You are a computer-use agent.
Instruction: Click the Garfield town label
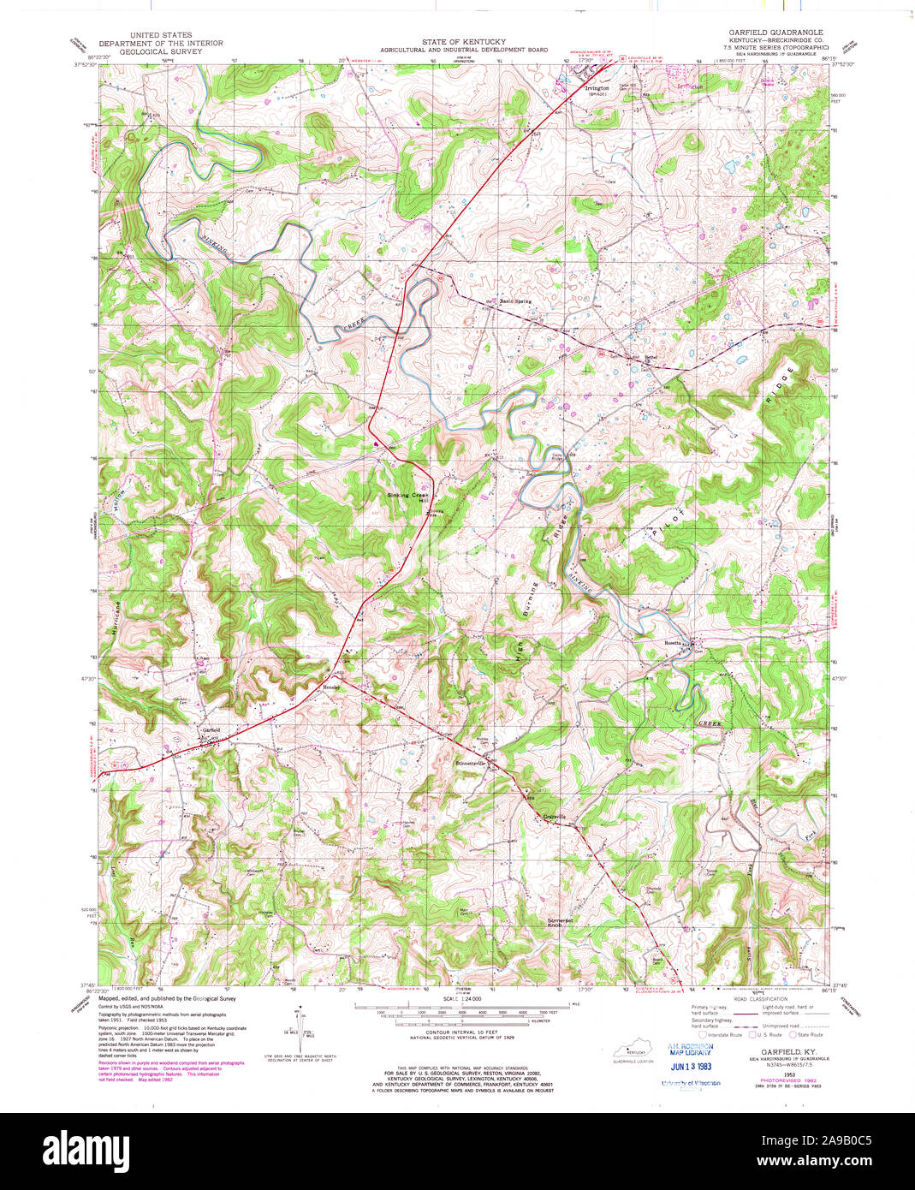click(x=211, y=729)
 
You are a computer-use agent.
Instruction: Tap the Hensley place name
click(x=331, y=687)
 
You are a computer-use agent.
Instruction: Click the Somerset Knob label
click(x=559, y=923)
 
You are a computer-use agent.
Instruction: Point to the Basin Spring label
click(x=516, y=301)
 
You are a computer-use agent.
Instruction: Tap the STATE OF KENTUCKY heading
click(x=463, y=42)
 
